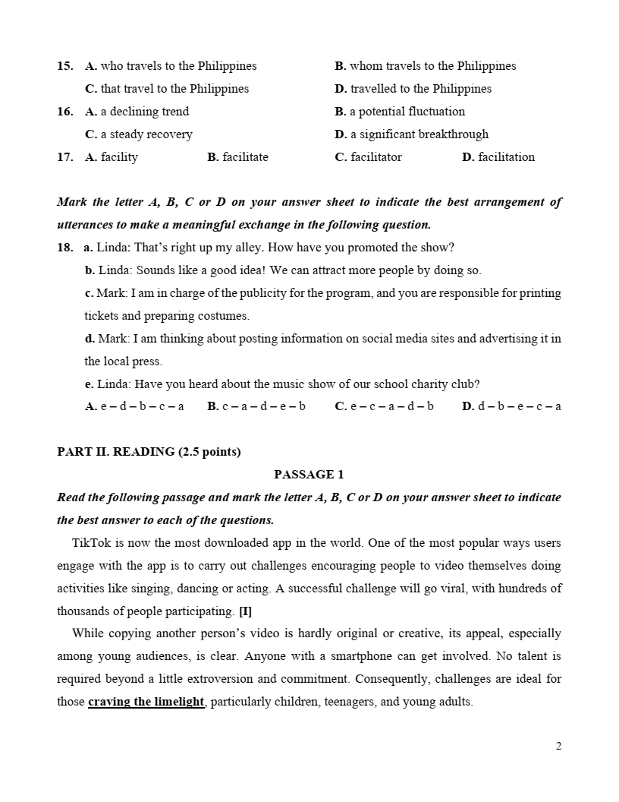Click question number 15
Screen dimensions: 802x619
tap(64, 66)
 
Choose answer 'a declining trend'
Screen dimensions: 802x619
tap(144, 112)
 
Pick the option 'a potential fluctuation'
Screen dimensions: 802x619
tap(407, 112)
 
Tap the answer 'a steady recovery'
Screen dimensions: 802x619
tap(146, 134)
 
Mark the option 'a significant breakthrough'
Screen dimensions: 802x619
tap(419, 134)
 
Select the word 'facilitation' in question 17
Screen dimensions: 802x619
tap(506, 157)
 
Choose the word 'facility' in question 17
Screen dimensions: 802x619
tap(119, 157)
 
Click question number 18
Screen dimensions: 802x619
tap(64, 248)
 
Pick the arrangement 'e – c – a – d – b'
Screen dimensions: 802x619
tap(391, 406)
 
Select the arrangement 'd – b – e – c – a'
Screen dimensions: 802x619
tap(519, 406)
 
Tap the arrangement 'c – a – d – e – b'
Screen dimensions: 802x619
tap(263, 406)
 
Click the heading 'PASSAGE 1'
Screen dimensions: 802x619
tap(309, 475)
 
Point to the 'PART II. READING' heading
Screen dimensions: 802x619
tap(149, 452)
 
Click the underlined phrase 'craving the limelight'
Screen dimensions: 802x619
tap(146, 702)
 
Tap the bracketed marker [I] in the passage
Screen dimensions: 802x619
tap(245, 611)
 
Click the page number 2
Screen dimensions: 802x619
tap(558, 746)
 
